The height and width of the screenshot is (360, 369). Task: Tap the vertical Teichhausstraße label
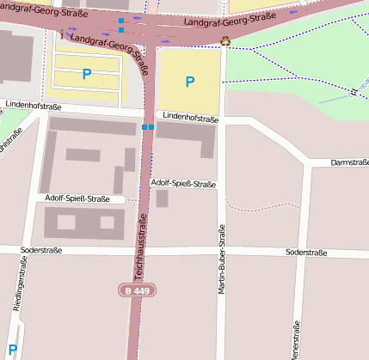click(x=139, y=250)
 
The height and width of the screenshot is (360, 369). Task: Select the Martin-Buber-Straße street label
click(x=221, y=259)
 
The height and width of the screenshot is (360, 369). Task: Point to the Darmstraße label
click(x=349, y=162)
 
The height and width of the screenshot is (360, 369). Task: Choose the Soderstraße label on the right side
click(x=306, y=253)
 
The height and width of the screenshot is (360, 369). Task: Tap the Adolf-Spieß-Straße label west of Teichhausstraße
click(x=77, y=199)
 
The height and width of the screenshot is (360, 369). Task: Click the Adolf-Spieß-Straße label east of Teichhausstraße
click(x=183, y=184)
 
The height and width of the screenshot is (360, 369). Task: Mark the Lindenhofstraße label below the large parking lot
click(x=190, y=119)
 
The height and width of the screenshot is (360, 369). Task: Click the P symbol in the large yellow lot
click(x=190, y=82)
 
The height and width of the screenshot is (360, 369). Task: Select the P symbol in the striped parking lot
click(x=86, y=75)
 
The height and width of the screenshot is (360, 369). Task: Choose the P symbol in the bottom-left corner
click(x=12, y=350)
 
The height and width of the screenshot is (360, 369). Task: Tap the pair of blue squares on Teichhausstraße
click(x=147, y=127)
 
